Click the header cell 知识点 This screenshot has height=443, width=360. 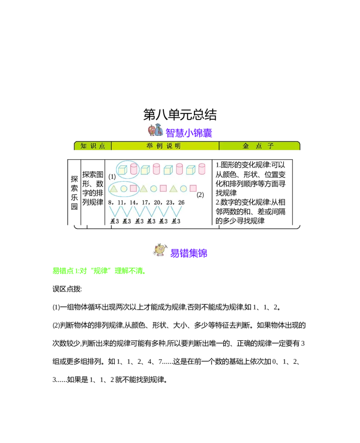pos(93,146)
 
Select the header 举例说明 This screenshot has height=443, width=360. pos(164,146)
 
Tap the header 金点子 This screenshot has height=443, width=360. pos(258,146)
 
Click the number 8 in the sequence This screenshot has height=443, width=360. pos(111,203)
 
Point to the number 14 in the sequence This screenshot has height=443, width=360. pos(134,203)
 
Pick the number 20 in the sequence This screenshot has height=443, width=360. pos(158,203)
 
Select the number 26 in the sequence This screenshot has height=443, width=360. pos(181,203)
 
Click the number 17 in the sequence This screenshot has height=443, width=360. pos(146,203)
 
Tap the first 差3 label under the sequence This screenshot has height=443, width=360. pos(115,221)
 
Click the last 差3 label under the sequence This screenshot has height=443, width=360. pos(176,221)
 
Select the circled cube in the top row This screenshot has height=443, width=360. pos(122,170)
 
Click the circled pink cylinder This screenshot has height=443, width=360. pos(134,169)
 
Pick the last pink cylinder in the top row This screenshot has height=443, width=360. pos(202,169)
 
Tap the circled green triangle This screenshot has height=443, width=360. pos(114,188)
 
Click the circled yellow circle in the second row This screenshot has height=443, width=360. pos(124,189)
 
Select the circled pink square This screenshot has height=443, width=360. pos(133,188)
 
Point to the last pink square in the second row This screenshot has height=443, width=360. pos(193,188)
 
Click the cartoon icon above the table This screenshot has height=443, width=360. pos(156,130)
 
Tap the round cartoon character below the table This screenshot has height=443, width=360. pos(160,250)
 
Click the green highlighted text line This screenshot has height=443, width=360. pos(99,271)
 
